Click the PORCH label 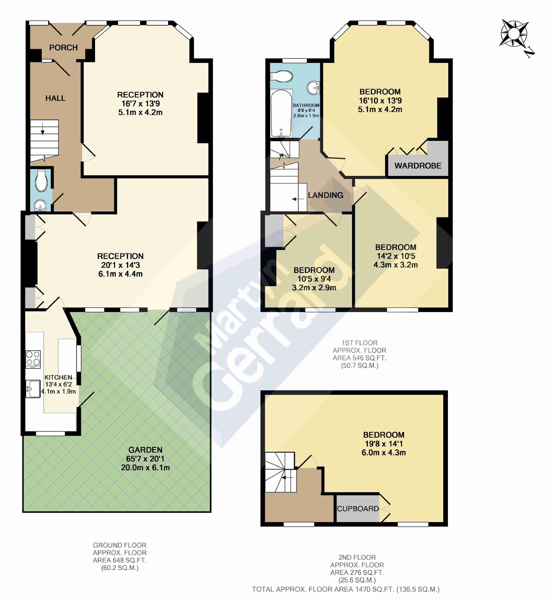63,48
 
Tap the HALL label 55,98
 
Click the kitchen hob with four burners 33,359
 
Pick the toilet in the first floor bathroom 282,76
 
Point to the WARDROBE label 418,166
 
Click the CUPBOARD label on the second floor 358,509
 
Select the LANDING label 325,195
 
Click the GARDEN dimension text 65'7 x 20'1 145,459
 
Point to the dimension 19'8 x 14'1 384,444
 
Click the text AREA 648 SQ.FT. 119,560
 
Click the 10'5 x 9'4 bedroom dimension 314,279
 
